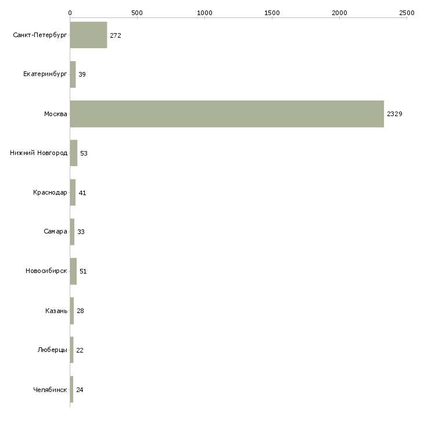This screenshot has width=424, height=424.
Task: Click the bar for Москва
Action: [227, 114]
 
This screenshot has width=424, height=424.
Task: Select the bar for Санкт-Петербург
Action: [88, 35]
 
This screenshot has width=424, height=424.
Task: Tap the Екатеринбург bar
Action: [73, 74]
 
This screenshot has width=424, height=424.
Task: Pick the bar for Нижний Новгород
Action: [74, 153]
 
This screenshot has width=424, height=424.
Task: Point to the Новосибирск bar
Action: [73, 271]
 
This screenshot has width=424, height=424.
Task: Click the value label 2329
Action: [394, 114]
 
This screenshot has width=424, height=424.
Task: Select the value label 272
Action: [116, 35]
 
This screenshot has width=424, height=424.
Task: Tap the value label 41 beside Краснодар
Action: [82, 193]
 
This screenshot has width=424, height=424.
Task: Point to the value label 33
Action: [81, 232]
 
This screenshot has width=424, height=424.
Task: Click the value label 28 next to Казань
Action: [80, 311]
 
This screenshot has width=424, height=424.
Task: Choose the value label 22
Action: [80, 350]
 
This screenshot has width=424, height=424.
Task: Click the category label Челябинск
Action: [50, 390]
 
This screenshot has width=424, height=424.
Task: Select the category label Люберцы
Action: [52, 350]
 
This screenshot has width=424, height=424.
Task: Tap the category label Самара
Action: [55, 232]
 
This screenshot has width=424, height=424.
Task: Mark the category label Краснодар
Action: [50, 192]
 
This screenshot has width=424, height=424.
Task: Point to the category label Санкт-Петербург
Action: [39, 35]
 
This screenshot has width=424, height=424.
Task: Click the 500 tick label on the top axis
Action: [137, 13]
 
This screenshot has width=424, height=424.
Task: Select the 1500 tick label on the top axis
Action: [272, 13]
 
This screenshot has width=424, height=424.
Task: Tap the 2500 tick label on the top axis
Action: [407, 13]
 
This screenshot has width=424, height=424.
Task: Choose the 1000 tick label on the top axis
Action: [204, 13]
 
